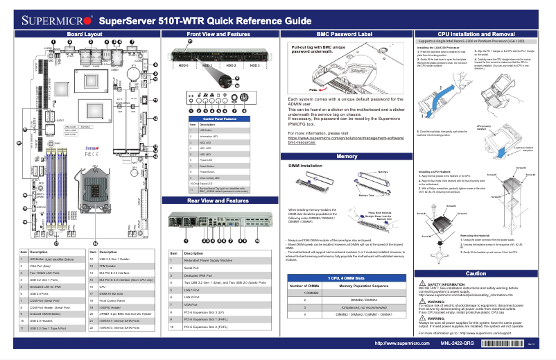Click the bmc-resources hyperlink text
tap(307, 142)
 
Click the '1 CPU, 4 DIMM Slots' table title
tap(344, 277)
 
